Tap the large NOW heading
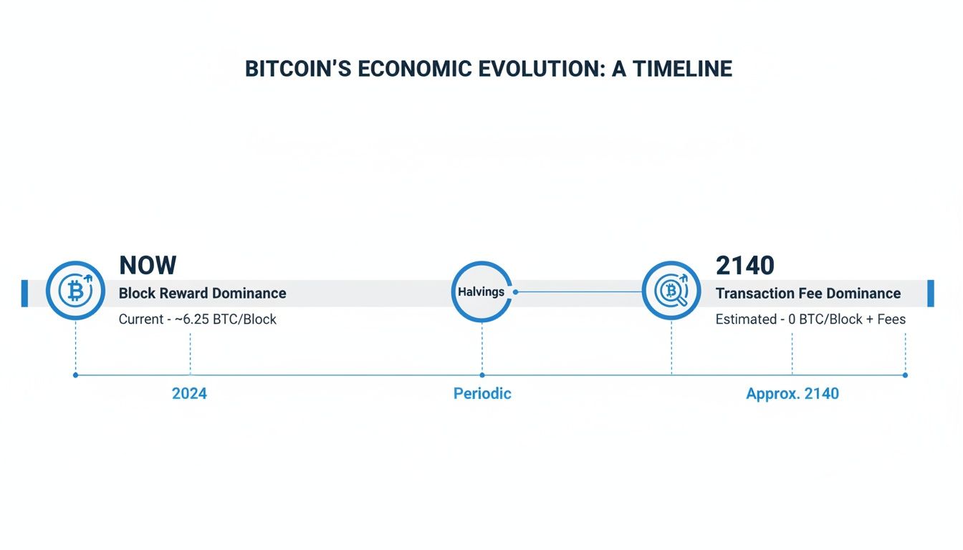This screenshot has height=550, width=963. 148,266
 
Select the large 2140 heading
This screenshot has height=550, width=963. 745,266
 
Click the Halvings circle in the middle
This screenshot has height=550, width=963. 482,291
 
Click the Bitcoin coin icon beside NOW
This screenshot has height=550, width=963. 75,291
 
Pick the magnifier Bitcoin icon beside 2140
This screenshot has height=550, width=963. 671,291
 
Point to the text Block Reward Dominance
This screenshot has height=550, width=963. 202,294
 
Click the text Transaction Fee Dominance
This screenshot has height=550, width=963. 808,294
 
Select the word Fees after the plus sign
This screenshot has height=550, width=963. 891,319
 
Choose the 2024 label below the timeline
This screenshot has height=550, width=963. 189,394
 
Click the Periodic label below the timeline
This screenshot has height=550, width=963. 482,394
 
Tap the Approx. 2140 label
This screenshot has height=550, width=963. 792,394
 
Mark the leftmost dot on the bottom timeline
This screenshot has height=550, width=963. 75,375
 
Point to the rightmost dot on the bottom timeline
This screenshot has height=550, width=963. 905,375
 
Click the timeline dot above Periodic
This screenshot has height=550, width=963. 482,375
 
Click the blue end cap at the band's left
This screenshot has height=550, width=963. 24,294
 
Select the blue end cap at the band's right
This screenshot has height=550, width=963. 931,294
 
